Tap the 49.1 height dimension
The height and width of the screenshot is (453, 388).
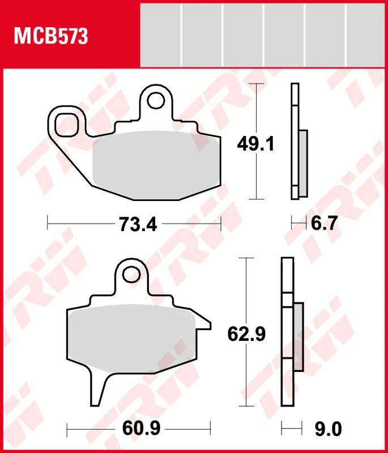(x=255, y=145)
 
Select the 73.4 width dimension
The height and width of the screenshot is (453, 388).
(x=137, y=224)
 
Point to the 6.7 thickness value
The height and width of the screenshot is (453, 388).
(x=324, y=224)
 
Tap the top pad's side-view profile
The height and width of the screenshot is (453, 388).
(x=297, y=142)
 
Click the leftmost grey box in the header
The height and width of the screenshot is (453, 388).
(x=160, y=35)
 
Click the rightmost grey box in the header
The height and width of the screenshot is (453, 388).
(x=365, y=35)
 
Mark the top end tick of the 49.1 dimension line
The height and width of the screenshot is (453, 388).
(x=258, y=84)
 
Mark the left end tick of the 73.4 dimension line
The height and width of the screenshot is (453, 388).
(x=47, y=224)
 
